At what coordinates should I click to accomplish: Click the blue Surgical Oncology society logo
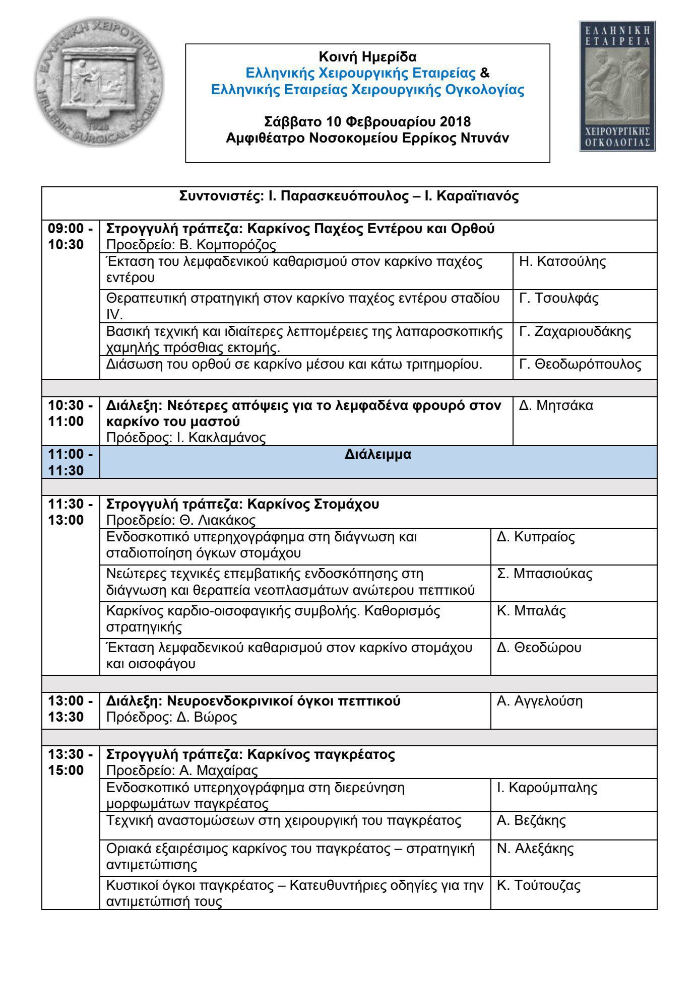click(x=617, y=86)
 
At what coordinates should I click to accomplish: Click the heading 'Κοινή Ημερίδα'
click(x=367, y=56)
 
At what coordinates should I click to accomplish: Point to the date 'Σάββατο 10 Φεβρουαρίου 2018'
click(x=367, y=122)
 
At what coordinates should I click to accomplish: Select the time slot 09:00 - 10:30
click(x=70, y=237)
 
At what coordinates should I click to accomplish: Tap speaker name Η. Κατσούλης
click(x=562, y=262)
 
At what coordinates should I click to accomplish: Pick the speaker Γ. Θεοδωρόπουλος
click(x=580, y=364)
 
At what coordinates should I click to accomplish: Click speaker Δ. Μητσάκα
click(x=556, y=405)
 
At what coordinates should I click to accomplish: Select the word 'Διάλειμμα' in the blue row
click(x=378, y=454)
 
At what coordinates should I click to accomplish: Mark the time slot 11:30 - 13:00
click(x=70, y=512)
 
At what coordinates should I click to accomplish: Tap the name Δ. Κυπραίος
click(x=535, y=537)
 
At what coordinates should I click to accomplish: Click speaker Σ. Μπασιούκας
click(x=544, y=574)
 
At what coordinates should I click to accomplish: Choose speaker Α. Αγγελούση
click(x=539, y=701)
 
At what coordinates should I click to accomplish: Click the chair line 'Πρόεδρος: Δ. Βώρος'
click(x=171, y=717)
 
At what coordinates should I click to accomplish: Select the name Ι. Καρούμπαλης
click(x=547, y=788)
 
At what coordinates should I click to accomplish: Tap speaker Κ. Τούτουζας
click(x=538, y=885)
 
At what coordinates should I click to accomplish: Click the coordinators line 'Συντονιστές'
click(x=349, y=196)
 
